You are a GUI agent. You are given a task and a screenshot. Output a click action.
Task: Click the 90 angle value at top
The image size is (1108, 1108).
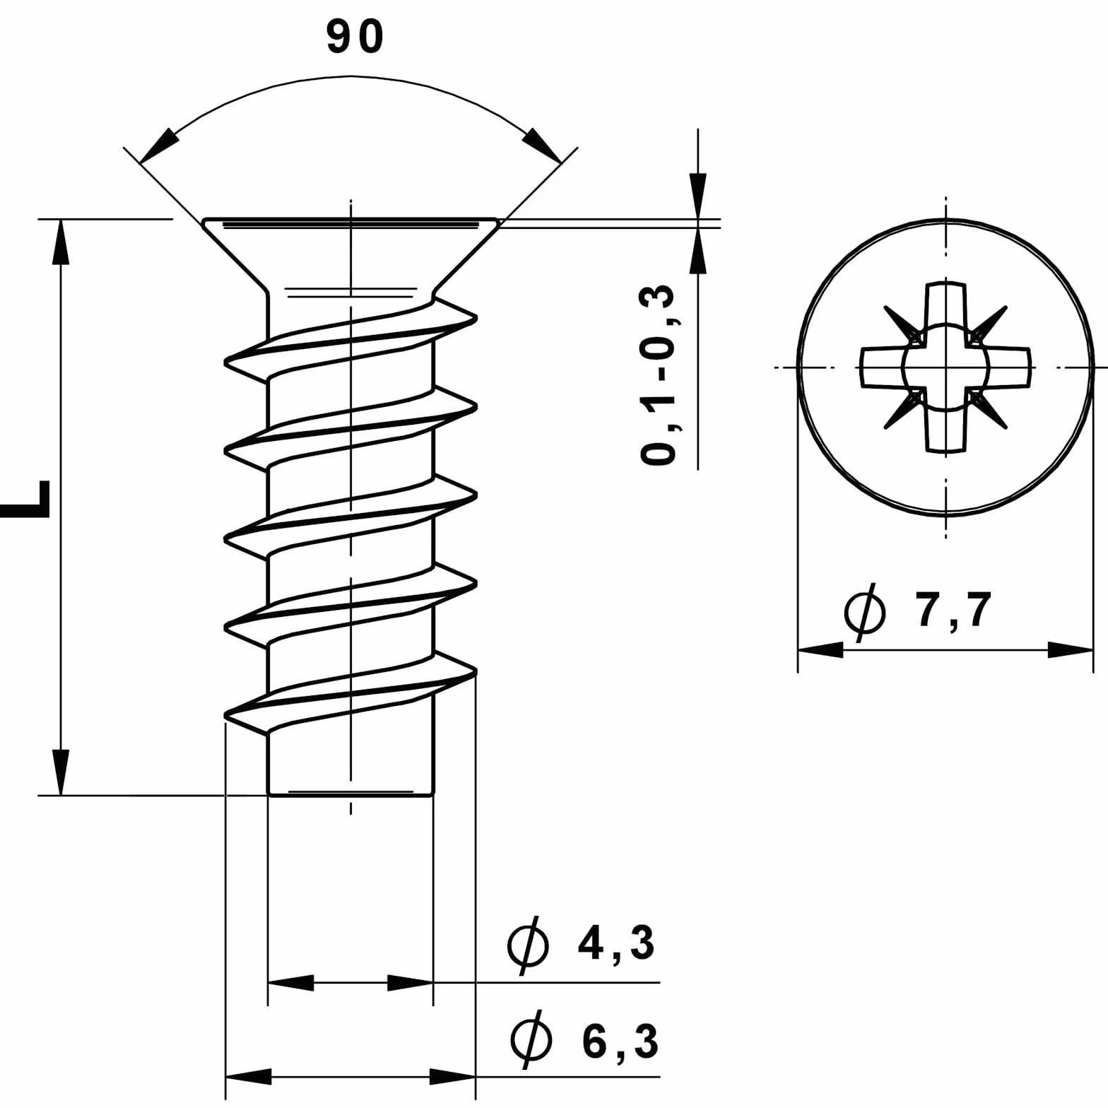pos(355,37)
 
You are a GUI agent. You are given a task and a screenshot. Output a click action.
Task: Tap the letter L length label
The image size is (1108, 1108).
pos(25,500)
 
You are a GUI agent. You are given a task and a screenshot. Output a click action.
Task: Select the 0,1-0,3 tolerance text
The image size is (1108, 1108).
pos(658,375)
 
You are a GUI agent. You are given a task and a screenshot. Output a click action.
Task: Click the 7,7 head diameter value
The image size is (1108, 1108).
pos(955,610)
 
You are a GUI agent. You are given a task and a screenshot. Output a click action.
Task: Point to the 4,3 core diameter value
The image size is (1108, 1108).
pos(615,943)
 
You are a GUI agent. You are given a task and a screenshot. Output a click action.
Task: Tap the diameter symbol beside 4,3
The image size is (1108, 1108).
pos(528,945)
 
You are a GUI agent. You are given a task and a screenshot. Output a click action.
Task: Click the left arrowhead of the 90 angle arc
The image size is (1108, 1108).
pos(158,147)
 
